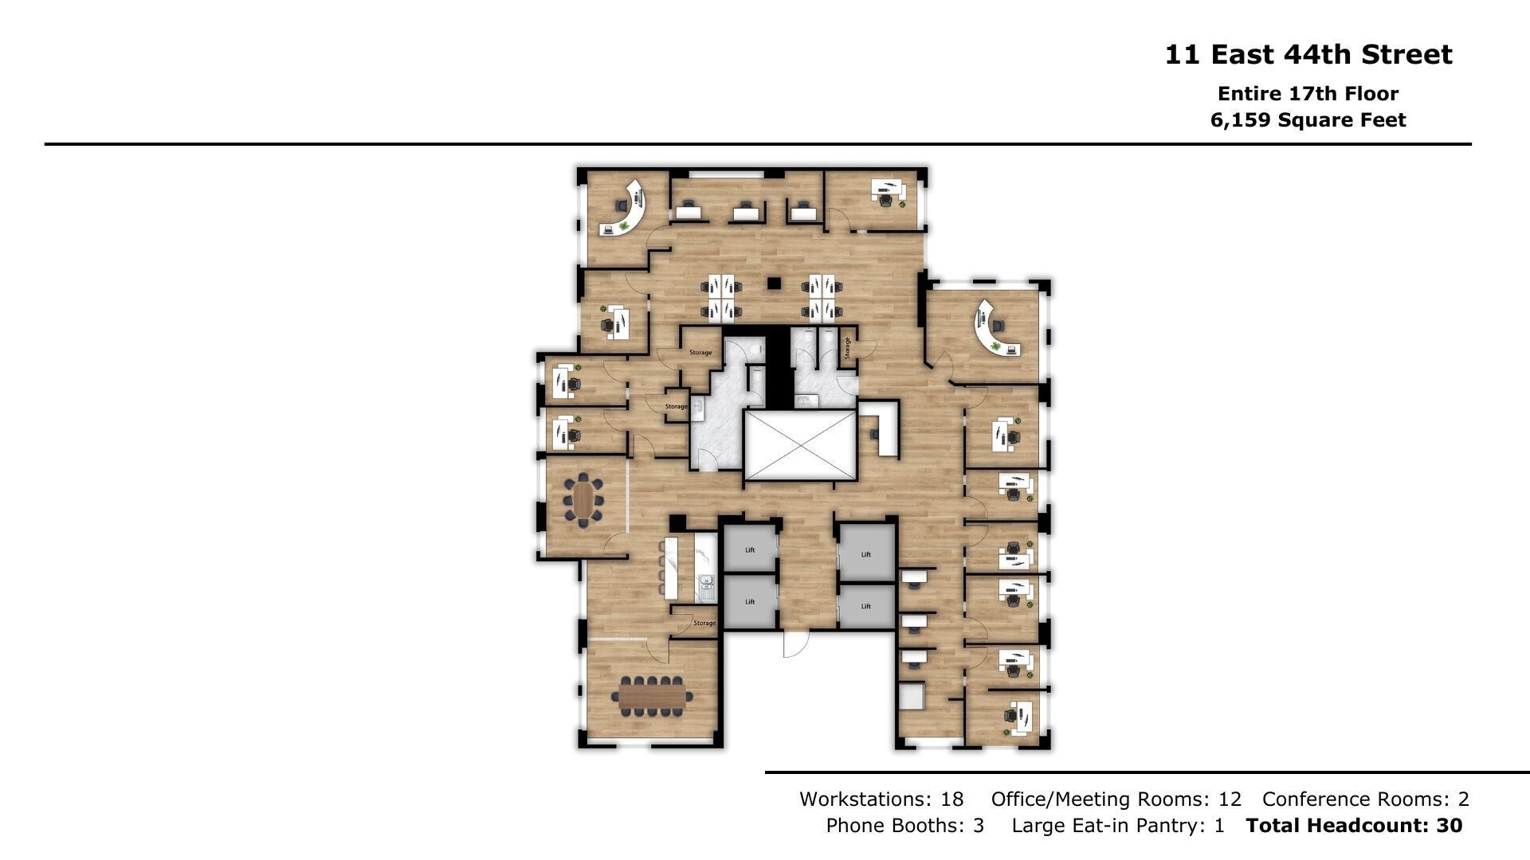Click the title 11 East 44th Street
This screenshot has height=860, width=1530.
(1308, 55)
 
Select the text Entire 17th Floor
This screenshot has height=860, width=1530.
(1308, 93)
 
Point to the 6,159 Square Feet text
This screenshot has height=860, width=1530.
(1308, 120)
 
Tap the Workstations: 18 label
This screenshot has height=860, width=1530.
(881, 799)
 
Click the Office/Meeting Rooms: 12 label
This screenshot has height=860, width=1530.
(1116, 799)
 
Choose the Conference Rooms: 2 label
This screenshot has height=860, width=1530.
(1366, 799)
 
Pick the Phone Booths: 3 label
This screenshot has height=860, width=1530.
(905, 826)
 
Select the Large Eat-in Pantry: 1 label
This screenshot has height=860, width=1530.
(1118, 826)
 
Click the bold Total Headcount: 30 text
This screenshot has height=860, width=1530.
(1355, 826)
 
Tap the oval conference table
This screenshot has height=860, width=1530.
(583, 500)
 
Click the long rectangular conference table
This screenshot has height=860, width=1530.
(653, 698)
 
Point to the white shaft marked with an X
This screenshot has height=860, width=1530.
(800, 445)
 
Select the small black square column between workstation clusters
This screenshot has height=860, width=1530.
(774, 283)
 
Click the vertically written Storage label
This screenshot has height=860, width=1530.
(847, 347)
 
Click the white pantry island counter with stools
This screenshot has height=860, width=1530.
(672, 569)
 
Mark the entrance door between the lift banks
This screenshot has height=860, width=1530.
(795, 643)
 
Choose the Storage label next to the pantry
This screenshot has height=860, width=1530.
(704, 623)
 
